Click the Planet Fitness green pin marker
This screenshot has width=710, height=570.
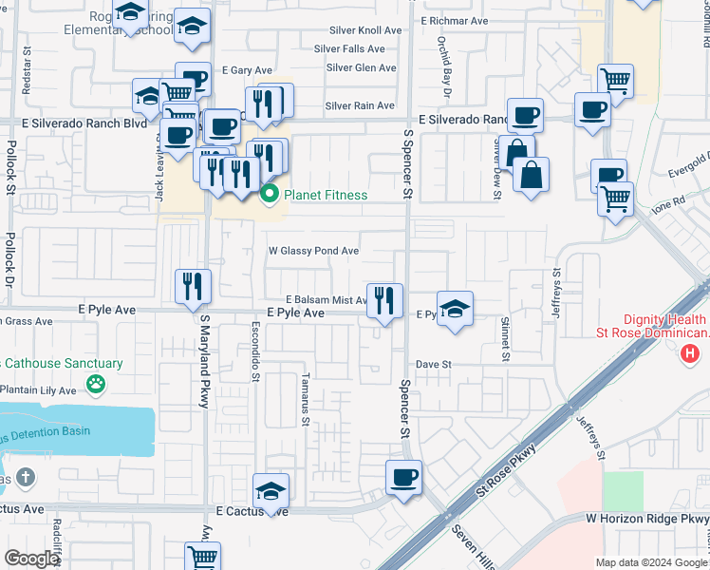pos(270,196)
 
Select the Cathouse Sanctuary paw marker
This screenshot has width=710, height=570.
pos(95,384)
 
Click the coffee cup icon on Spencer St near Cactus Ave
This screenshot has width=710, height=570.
pos(403,477)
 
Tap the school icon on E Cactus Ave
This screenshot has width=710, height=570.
pos(271,490)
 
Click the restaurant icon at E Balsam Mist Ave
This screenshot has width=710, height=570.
pos(384,301)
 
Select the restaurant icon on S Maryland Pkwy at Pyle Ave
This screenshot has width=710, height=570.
pos(193,286)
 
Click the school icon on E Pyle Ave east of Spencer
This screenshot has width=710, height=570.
pos(456,308)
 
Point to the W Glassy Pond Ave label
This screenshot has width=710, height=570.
pos(313,251)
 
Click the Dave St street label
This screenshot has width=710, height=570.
pos(433,364)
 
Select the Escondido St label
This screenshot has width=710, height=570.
pos(255,356)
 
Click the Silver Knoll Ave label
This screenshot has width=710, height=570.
pos(365,30)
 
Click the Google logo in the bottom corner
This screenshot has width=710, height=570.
pos(30,558)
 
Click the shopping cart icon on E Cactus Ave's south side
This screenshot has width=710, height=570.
pos(203,557)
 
